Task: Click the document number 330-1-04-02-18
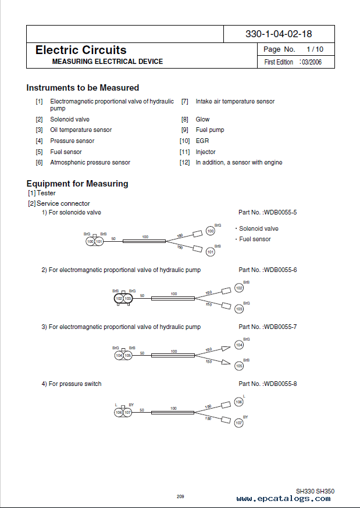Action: click(279, 34)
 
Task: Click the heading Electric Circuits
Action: click(81, 50)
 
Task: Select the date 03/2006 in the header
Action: click(312, 62)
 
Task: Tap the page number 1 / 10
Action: click(314, 49)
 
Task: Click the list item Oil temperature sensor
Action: click(81, 130)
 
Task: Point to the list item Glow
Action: click(202, 119)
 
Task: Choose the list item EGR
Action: click(202, 141)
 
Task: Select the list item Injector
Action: click(205, 152)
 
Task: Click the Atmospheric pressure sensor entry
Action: click(90, 163)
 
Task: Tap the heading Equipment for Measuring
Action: click(77, 184)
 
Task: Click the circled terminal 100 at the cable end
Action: click(211, 231)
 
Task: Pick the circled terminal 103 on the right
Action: click(239, 309)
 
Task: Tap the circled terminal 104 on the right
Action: click(239, 345)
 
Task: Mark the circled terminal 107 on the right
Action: click(238, 423)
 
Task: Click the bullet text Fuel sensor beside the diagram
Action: click(255, 239)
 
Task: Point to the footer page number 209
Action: click(180, 496)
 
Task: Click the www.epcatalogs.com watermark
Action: click(284, 499)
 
